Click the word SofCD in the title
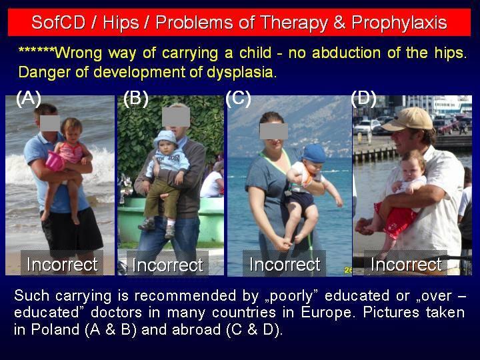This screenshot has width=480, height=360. [58, 23]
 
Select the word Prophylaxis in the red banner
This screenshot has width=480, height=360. [399, 23]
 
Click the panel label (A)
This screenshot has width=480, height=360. [29, 98]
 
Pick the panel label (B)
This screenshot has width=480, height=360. [135, 98]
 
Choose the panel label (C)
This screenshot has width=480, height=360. [238, 98]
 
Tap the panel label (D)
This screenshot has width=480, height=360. [363, 98]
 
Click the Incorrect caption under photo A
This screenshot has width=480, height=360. [62, 264]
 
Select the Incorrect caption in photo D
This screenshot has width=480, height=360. [406, 264]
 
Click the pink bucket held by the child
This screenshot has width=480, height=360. [55, 161]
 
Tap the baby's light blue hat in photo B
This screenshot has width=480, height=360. [165, 138]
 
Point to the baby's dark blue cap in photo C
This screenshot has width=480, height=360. [313, 154]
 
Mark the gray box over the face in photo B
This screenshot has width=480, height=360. [176, 117]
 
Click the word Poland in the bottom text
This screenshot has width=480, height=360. [55, 330]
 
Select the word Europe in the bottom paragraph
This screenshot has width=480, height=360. [328, 313]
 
